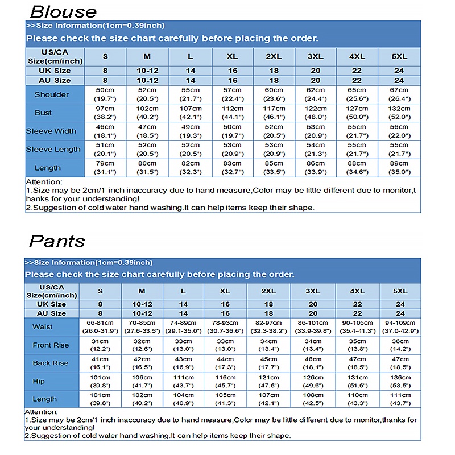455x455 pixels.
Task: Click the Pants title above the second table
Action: click(57, 241)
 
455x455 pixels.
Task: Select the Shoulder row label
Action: click(52, 94)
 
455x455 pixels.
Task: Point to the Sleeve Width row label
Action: click(51, 131)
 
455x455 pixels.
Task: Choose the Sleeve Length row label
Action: click(51, 149)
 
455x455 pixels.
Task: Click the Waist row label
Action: click(43, 326)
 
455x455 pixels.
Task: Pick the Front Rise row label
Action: click(51, 345)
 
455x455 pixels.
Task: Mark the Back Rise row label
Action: click(51, 363)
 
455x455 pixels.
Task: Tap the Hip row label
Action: click(39, 380)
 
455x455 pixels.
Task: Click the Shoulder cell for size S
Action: click(105, 94)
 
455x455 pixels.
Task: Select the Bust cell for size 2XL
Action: click(274, 113)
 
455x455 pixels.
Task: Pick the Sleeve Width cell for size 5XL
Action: click(399, 131)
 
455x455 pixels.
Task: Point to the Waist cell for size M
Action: click(142, 326)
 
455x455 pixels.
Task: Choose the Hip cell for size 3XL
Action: click(313, 380)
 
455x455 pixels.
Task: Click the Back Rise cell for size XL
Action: click(225, 363)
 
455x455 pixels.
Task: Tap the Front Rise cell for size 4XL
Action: click(357, 345)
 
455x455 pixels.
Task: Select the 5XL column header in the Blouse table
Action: click(399, 57)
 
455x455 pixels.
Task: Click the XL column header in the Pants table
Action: click(225, 291)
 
